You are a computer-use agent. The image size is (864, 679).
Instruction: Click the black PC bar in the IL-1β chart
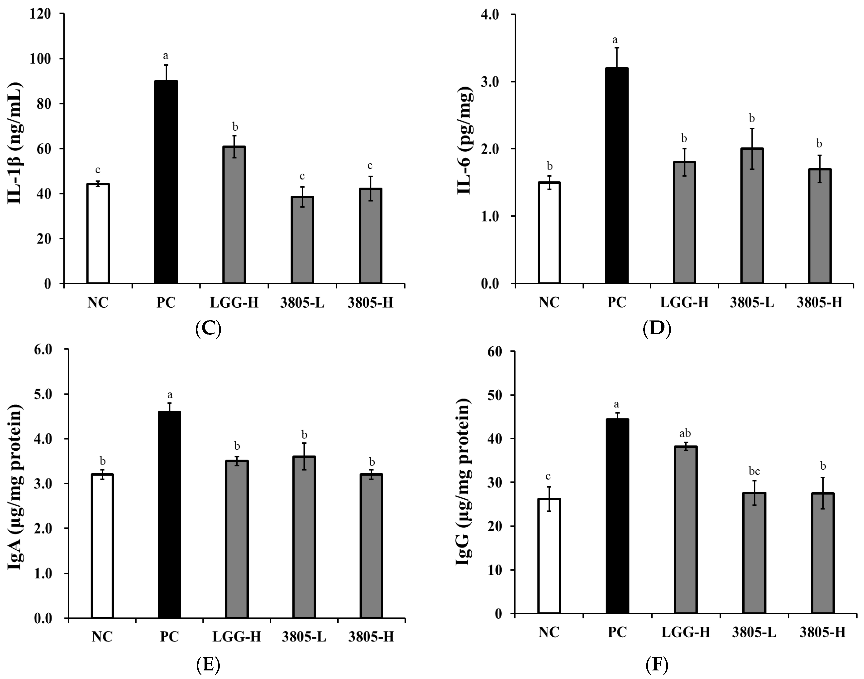point(166,182)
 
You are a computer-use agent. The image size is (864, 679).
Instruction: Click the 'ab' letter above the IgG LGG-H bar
point(685,433)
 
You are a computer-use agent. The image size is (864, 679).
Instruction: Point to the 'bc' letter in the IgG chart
point(754,471)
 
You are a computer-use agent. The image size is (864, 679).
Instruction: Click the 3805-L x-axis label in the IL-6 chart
point(752,302)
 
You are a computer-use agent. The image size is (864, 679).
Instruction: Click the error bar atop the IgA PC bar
point(170,407)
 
